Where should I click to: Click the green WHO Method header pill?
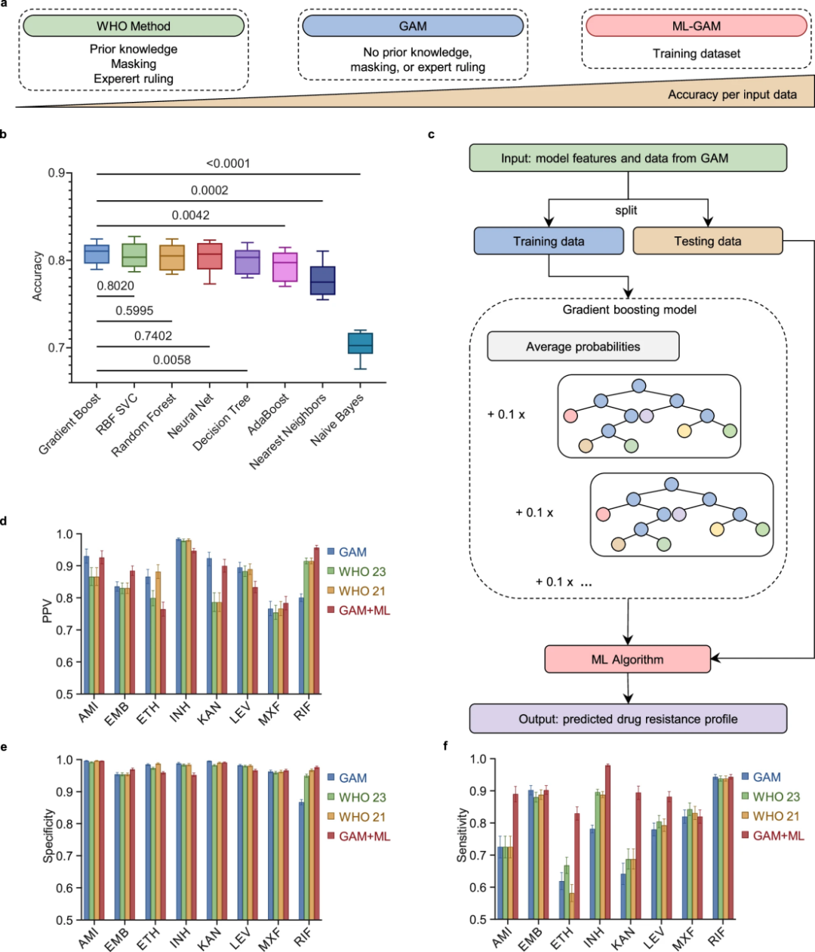[x=134, y=26]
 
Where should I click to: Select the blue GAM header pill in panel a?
[x=413, y=26]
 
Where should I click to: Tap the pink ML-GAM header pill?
[x=696, y=26]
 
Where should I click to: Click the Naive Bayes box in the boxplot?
[x=360, y=343]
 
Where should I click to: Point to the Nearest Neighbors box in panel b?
[x=323, y=280]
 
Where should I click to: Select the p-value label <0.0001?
[x=228, y=163]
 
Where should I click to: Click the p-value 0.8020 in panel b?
[x=115, y=285]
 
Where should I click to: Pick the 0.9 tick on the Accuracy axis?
[x=57, y=173]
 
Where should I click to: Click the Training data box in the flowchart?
[x=549, y=241]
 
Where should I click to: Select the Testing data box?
[x=707, y=241]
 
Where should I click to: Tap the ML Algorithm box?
[x=627, y=659]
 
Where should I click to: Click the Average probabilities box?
[x=583, y=347]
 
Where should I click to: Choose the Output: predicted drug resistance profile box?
[x=628, y=719]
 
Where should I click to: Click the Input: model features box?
[x=628, y=158]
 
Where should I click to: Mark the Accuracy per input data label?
[x=732, y=94]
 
